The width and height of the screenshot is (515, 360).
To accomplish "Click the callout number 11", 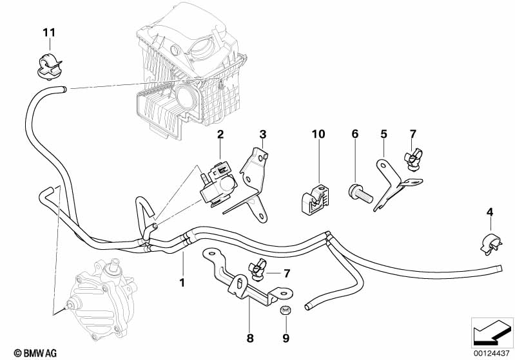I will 50,32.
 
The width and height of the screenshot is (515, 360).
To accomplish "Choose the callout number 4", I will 490,212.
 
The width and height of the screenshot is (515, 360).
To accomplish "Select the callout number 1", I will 182,282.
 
